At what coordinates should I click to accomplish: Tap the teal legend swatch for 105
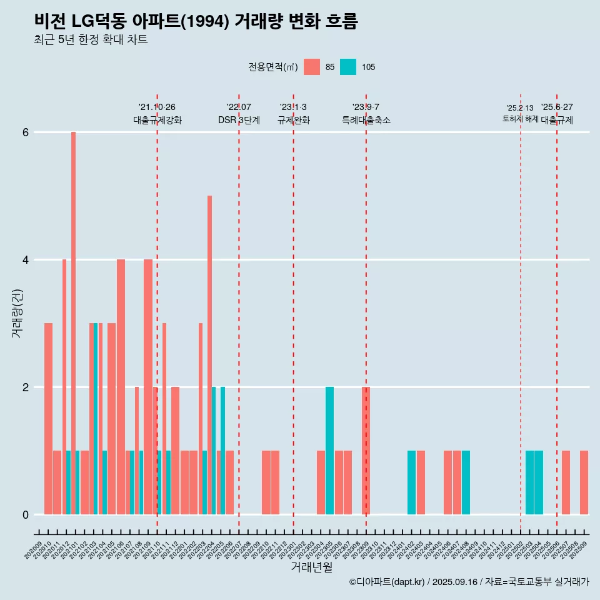(348, 67)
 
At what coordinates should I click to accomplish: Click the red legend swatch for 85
(312, 67)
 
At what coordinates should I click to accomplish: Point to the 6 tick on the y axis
(26, 132)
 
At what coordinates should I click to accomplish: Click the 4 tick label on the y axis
(26, 260)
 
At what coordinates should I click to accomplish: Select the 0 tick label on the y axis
(26, 515)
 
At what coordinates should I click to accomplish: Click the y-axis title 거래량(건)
(17, 312)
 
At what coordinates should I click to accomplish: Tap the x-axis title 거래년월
(311, 567)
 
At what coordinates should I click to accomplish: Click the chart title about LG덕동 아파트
(196, 21)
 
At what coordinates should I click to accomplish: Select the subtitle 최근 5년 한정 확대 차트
(91, 40)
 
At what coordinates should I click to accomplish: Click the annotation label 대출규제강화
(157, 120)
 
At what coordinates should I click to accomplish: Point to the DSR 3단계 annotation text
(239, 120)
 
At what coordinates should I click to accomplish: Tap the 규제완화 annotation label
(293, 120)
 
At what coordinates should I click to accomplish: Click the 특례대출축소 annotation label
(366, 120)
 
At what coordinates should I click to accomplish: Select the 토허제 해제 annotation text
(520, 118)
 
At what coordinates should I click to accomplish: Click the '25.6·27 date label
(556, 107)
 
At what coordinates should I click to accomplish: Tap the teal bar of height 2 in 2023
(329, 451)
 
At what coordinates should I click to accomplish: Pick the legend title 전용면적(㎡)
(273, 67)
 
